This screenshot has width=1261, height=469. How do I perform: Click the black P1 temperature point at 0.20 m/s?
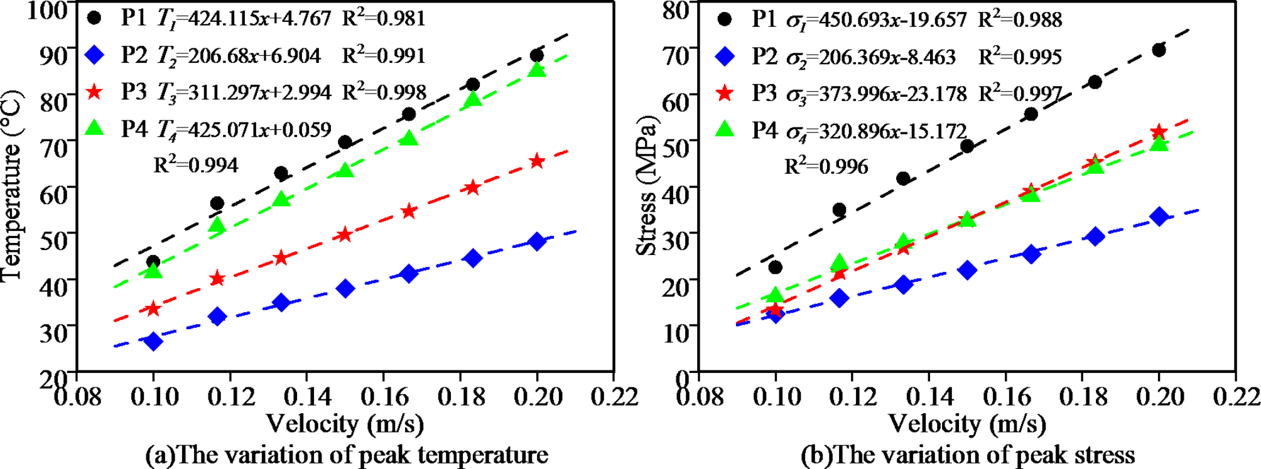(537, 56)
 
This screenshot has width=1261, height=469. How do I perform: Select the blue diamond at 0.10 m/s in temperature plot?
(153, 341)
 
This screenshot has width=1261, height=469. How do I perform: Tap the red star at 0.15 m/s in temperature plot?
(345, 235)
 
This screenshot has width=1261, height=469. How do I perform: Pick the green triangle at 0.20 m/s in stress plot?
(1159, 144)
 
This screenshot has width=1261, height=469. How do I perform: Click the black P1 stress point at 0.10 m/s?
(776, 267)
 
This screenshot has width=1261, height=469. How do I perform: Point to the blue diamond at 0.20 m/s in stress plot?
(1159, 217)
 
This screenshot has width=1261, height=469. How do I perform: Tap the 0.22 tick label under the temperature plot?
(614, 397)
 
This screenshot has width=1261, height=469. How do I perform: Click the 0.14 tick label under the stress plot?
(928, 397)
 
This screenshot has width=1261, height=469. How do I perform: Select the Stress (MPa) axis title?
(647, 187)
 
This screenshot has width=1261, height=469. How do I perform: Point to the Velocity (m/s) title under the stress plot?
(967, 424)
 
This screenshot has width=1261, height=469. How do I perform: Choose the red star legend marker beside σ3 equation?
(725, 94)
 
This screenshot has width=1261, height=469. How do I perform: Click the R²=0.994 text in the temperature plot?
(196, 165)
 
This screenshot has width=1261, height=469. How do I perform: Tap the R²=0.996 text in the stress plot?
(826, 166)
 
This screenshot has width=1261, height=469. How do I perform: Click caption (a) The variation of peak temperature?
(346, 455)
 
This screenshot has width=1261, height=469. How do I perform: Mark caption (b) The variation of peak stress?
(967, 455)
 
